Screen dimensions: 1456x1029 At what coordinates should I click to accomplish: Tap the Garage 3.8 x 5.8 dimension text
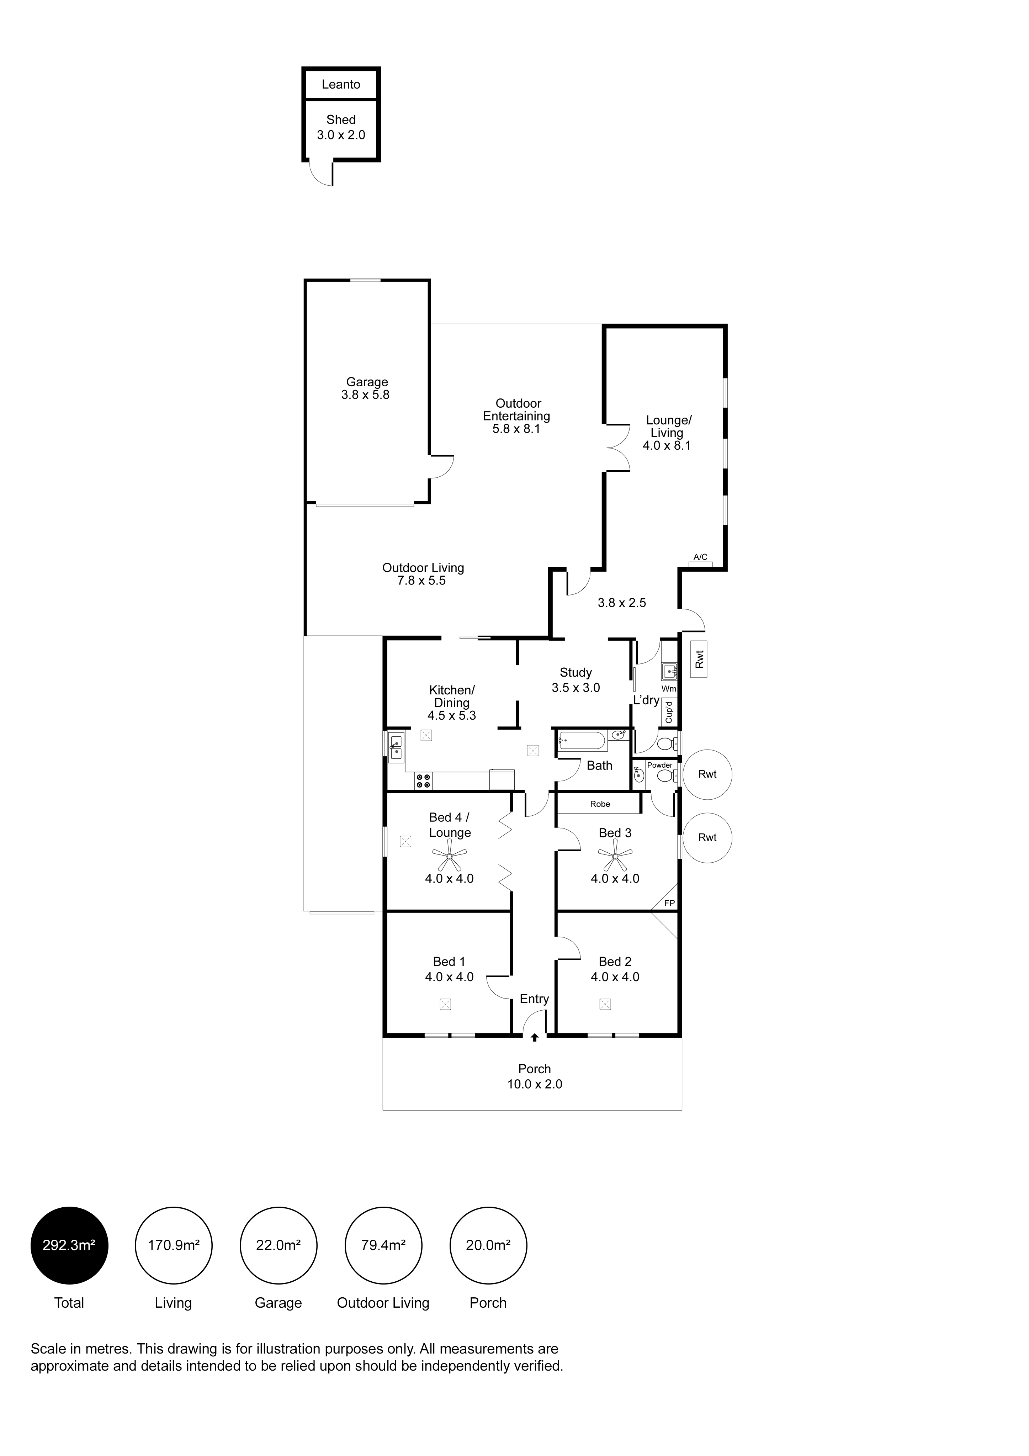365,395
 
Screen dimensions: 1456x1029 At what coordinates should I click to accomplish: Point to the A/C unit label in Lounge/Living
700,557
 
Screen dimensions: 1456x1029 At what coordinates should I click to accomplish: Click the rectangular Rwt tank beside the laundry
699,660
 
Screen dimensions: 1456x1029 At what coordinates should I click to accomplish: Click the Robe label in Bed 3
600,804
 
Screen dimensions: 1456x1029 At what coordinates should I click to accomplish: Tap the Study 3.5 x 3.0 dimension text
576,687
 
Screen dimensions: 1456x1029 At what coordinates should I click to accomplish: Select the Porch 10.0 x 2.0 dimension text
535,1084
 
